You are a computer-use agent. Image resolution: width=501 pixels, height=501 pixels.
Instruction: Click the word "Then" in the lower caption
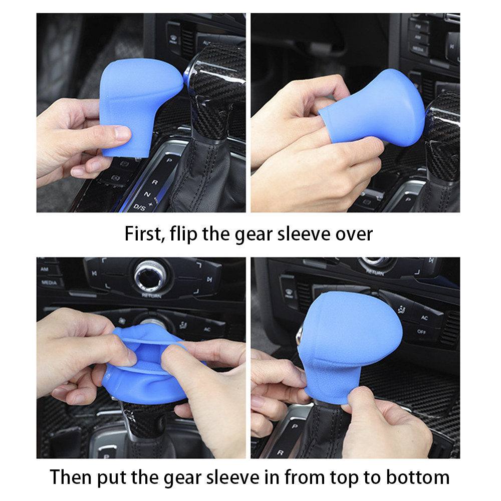[x=70, y=477]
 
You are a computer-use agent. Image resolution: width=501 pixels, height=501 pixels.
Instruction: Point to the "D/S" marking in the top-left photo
[x=139, y=207]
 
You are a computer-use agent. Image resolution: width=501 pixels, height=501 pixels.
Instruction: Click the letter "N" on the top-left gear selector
[x=147, y=194]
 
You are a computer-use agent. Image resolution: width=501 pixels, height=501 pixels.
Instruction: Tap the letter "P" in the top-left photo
[x=169, y=160]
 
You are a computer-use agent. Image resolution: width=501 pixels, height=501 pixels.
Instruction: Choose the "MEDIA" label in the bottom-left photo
[x=49, y=283]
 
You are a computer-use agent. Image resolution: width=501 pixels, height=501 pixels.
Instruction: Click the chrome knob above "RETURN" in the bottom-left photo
[x=150, y=275]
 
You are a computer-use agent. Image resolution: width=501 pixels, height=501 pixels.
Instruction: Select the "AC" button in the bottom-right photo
[x=424, y=318]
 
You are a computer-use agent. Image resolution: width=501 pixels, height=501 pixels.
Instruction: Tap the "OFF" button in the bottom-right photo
[x=421, y=332]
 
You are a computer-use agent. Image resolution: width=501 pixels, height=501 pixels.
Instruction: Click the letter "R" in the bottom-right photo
[x=280, y=452]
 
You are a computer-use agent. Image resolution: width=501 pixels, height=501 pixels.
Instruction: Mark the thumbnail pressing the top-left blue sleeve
[x=123, y=132]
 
